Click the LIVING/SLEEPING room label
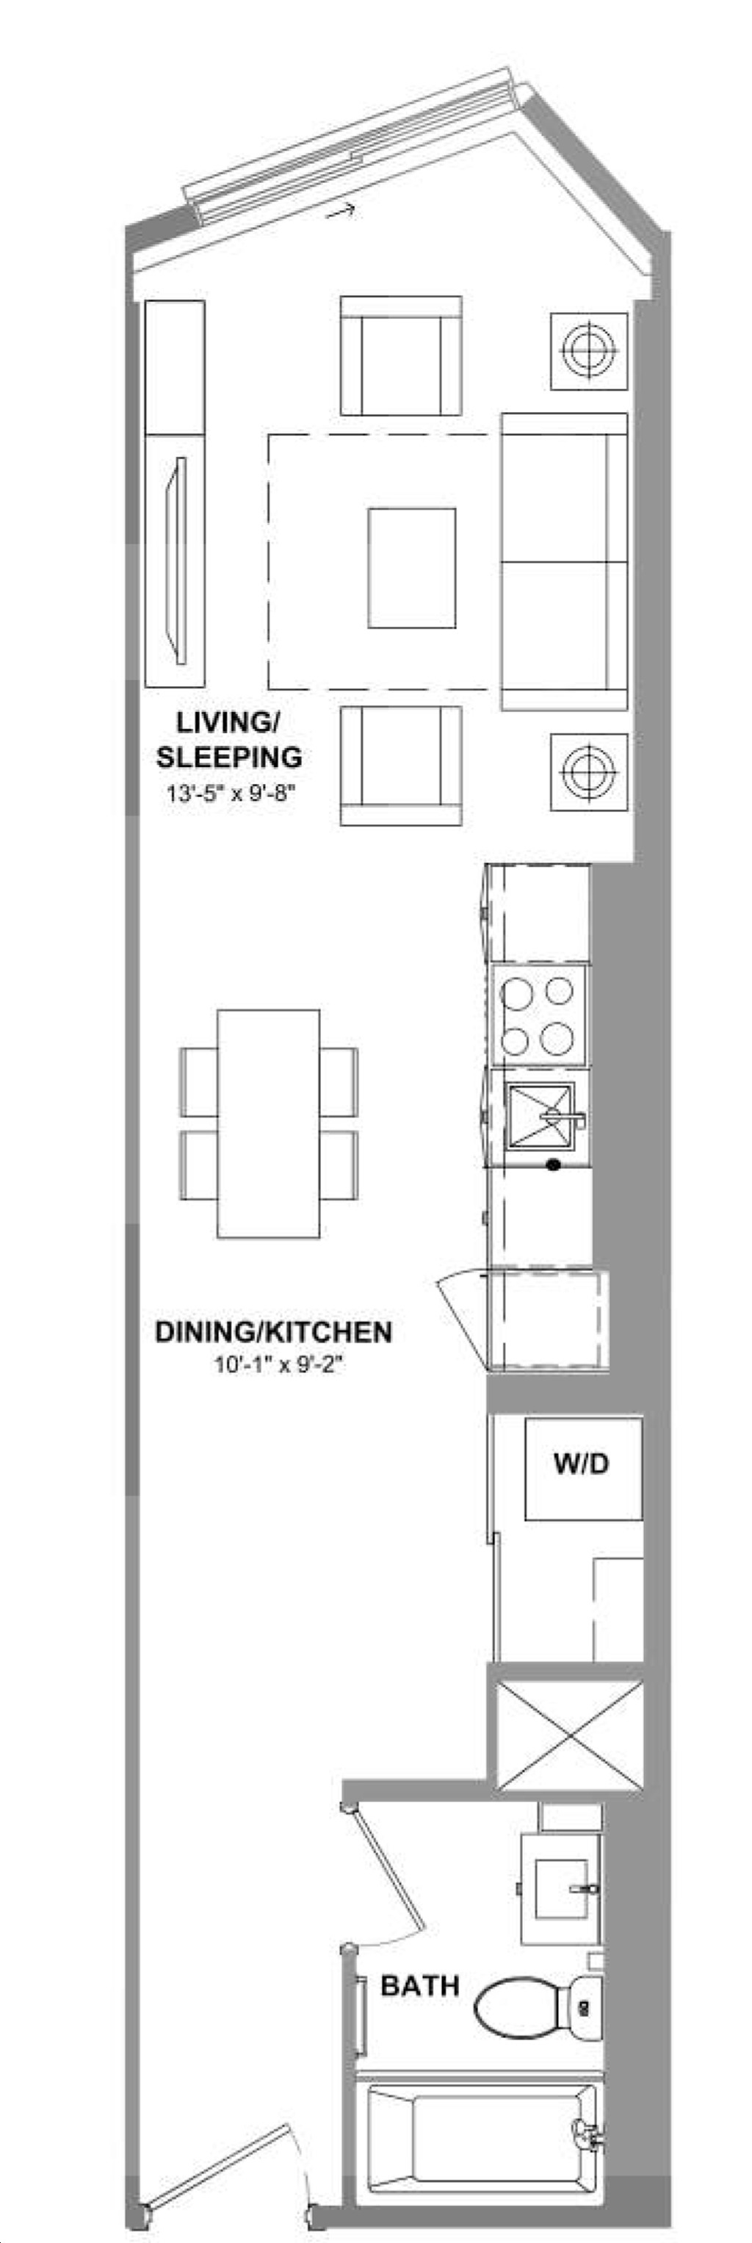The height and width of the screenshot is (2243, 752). (x=230, y=739)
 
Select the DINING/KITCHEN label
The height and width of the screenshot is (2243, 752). (x=273, y=1331)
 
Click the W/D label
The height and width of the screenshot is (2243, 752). (x=582, y=1463)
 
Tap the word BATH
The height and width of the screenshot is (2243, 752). (x=420, y=1986)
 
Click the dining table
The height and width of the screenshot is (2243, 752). (x=269, y=1123)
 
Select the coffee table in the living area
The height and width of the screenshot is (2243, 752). (x=412, y=568)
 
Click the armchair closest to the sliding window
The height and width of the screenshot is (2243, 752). (x=401, y=356)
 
